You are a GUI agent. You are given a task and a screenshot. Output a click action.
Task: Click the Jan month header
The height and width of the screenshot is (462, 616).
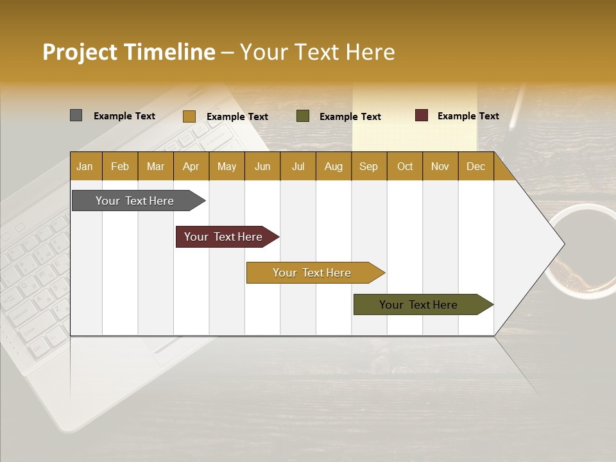point(85,166)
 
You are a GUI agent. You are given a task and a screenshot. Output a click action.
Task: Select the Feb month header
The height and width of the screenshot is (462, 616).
point(120,166)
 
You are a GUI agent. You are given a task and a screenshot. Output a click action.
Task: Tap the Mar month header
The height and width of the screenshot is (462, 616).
point(155,166)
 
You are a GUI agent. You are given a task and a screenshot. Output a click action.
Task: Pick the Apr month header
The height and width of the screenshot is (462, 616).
point(191,166)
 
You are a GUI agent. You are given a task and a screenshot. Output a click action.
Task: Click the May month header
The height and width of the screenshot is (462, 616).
point(227,166)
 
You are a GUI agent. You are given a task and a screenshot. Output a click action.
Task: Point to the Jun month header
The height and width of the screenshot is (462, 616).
point(262,166)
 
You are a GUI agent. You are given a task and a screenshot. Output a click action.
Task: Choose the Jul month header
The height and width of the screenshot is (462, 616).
point(298,166)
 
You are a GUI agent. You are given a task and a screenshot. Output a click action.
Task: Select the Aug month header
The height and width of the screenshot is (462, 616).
point(334,166)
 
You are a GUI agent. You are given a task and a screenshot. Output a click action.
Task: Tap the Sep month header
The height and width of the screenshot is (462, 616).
point(369,166)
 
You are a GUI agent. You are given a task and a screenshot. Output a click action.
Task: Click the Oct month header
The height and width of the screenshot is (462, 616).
point(405,166)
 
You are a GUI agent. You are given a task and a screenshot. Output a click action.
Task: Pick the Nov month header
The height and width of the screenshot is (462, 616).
point(440,166)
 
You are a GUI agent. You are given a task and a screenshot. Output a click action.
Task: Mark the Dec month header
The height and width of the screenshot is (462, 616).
point(476,166)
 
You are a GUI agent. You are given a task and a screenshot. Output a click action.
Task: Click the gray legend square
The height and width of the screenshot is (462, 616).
point(76,116)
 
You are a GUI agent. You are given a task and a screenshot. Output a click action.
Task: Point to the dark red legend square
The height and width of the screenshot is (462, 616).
point(422,116)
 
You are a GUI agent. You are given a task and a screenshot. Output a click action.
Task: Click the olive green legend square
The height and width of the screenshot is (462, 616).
point(303,116)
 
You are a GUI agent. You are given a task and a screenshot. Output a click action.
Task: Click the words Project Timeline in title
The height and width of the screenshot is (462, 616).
point(129,52)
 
